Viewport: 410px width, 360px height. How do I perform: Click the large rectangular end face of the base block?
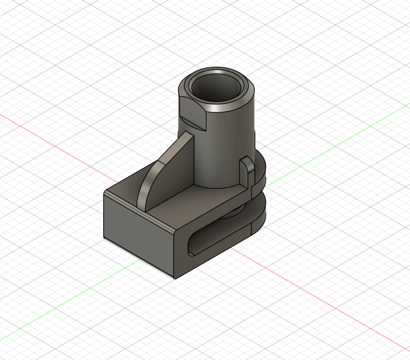pos(138,232)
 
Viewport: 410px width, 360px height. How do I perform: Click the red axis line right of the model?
pos(321,302)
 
